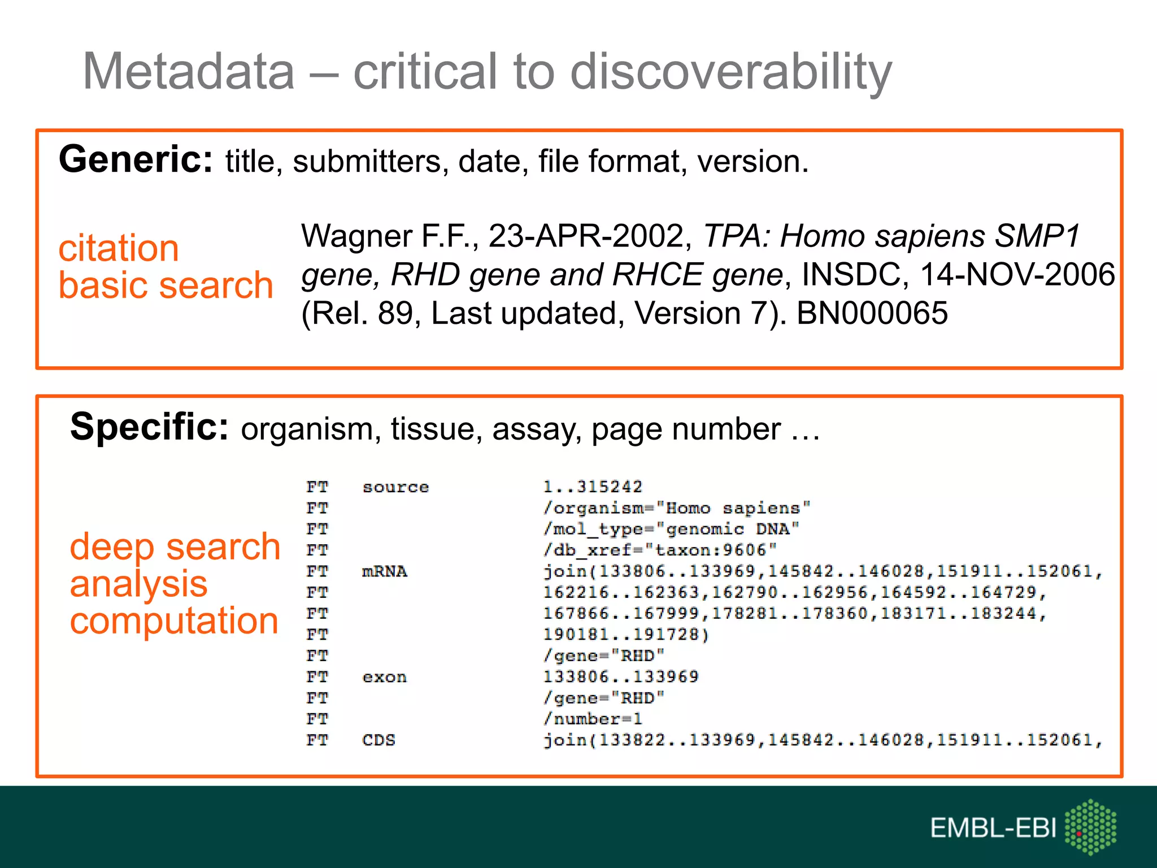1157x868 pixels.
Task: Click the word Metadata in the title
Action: pyautogui.click(x=189, y=71)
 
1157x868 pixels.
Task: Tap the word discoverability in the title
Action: pyautogui.click(x=731, y=72)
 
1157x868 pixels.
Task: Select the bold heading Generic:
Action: pyautogui.click(x=136, y=159)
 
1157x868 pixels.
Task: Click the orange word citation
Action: pyautogui.click(x=119, y=248)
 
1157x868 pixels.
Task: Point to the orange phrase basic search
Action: pyautogui.click(x=166, y=285)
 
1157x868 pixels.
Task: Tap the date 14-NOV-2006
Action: pyautogui.click(x=1017, y=275)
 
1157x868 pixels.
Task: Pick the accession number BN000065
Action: pyautogui.click(x=872, y=313)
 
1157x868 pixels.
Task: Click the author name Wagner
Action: pyautogui.click(x=356, y=236)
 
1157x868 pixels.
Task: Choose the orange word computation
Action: pyautogui.click(x=174, y=620)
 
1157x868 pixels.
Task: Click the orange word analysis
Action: pyautogui.click(x=139, y=584)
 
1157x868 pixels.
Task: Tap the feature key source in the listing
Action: pyautogui.click(x=395, y=487)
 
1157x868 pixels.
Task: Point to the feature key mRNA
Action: pyautogui.click(x=384, y=571)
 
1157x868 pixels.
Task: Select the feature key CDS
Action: pyautogui.click(x=379, y=740)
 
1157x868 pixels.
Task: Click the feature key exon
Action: pyautogui.click(x=384, y=677)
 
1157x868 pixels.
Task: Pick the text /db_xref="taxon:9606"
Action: pyautogui.click(x=660, y=550)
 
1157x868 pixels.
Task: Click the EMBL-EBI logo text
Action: pyautogui.click(x=993, y=828)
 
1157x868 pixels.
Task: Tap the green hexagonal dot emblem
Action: pyautogui.click(x=1090, y=827)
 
